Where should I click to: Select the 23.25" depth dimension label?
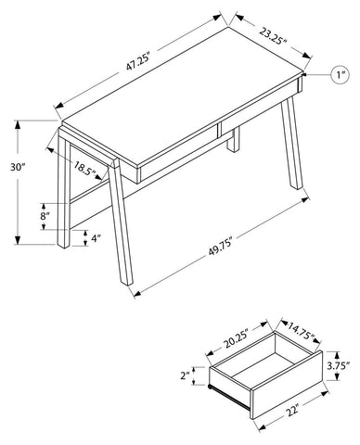(x=273, y=36)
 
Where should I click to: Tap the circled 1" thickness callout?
(x=341, y=75)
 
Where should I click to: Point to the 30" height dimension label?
(x=18, y=167)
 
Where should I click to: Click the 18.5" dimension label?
(x=84, y=169)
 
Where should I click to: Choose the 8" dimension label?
(x=45, y=215)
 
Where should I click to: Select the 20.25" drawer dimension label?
(x=236, y=340)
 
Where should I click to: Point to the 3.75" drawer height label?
(x=339, y=365)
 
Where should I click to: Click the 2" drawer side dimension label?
(x=186, y=375)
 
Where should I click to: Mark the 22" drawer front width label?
(x=291, y=410)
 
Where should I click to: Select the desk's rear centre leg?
(x=234, y=139)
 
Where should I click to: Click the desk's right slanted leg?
(x=291, y=143)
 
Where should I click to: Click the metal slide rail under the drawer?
(x=229, y=398)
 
